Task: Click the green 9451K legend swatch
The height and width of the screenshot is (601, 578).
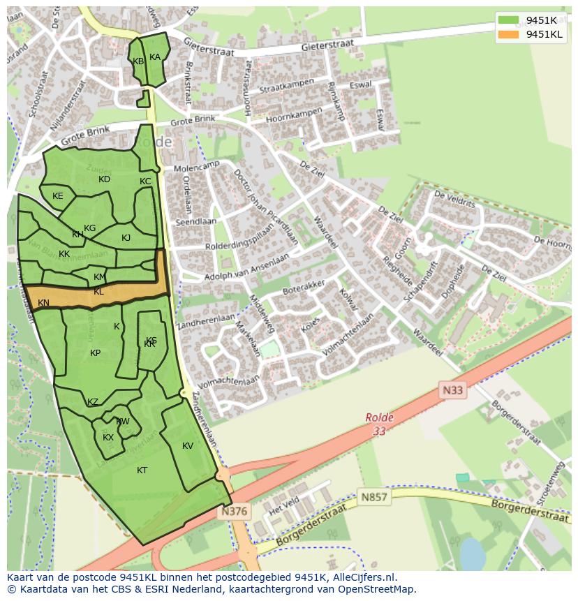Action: point(509,20)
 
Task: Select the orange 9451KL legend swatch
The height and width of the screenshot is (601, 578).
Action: point(509,34)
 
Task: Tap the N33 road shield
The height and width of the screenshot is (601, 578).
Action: point(452,390)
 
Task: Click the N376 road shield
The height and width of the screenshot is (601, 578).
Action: point(234,512)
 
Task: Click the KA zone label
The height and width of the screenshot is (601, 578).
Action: point(155,57)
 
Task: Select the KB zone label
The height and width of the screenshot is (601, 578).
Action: point(138,61)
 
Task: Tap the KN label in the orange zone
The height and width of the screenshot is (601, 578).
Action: point(43,303)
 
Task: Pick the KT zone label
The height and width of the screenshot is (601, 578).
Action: point(142,470)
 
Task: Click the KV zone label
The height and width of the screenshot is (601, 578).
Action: point(187,446)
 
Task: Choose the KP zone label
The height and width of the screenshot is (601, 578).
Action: point(95,353)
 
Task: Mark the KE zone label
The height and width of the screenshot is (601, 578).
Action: point(57,196)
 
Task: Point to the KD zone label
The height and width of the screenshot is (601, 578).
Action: point(104,179)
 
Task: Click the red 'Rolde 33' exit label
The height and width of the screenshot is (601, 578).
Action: point(379,424)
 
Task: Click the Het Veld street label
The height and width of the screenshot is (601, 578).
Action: point(284,505)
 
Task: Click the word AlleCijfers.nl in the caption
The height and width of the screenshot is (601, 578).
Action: point(362,577)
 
